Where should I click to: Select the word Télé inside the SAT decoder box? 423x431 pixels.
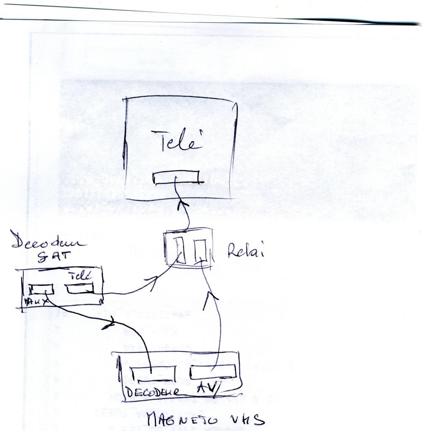[80, 276]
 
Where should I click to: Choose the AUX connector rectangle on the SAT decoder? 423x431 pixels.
[41, 289]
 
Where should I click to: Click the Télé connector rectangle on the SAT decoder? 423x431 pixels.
[79, 289]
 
